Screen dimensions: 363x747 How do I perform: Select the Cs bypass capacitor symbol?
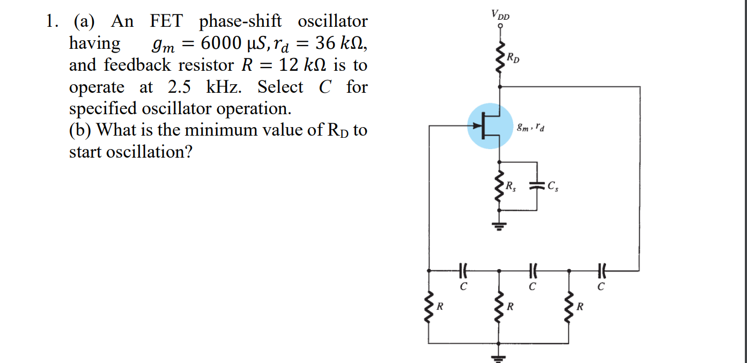pyautogui.click(x=536, y=186)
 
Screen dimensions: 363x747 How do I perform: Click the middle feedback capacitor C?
pyautogui.click(x=532, y=271)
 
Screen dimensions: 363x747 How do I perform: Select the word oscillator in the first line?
pyautogui.click(x=332, y=21)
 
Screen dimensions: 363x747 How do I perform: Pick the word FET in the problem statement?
pyautogui.click(x=166, y=21)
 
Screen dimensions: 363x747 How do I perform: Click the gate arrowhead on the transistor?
pyautogui.click(x=476, y=126)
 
